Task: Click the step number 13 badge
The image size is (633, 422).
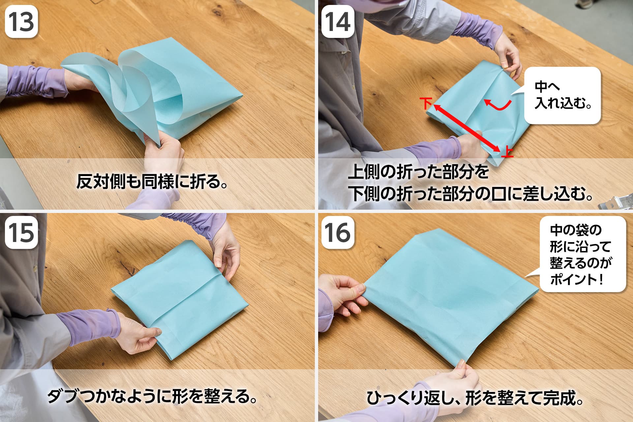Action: click(21, 22)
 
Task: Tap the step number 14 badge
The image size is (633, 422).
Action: click(338, 22)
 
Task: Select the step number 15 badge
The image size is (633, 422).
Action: click(21, 233)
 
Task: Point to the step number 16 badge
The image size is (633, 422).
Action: click(338, 233)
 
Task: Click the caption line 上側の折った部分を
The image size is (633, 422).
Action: click(418, 172)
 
